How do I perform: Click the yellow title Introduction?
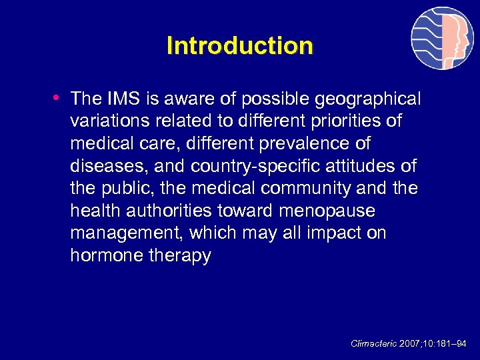[239, 46]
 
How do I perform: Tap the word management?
[126, 234]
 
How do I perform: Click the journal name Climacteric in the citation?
[373, 344]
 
